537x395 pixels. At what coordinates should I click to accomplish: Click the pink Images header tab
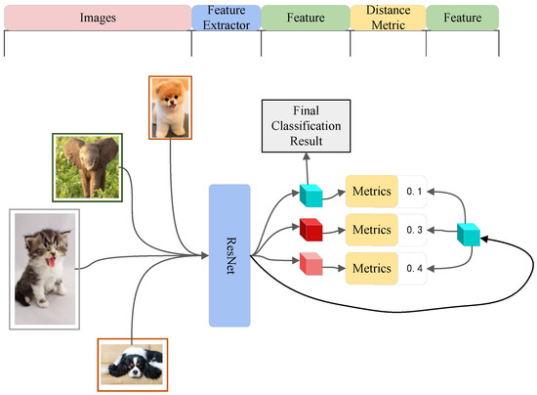coord(97,16)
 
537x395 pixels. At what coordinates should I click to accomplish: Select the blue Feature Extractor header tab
coord(227,16)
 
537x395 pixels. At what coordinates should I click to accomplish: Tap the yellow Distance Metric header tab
coord(389,16)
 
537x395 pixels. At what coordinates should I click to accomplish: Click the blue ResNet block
coord(229,254)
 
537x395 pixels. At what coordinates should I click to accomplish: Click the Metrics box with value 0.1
coord(371,193)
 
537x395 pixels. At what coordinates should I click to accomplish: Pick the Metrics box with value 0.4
coord(371,268)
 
